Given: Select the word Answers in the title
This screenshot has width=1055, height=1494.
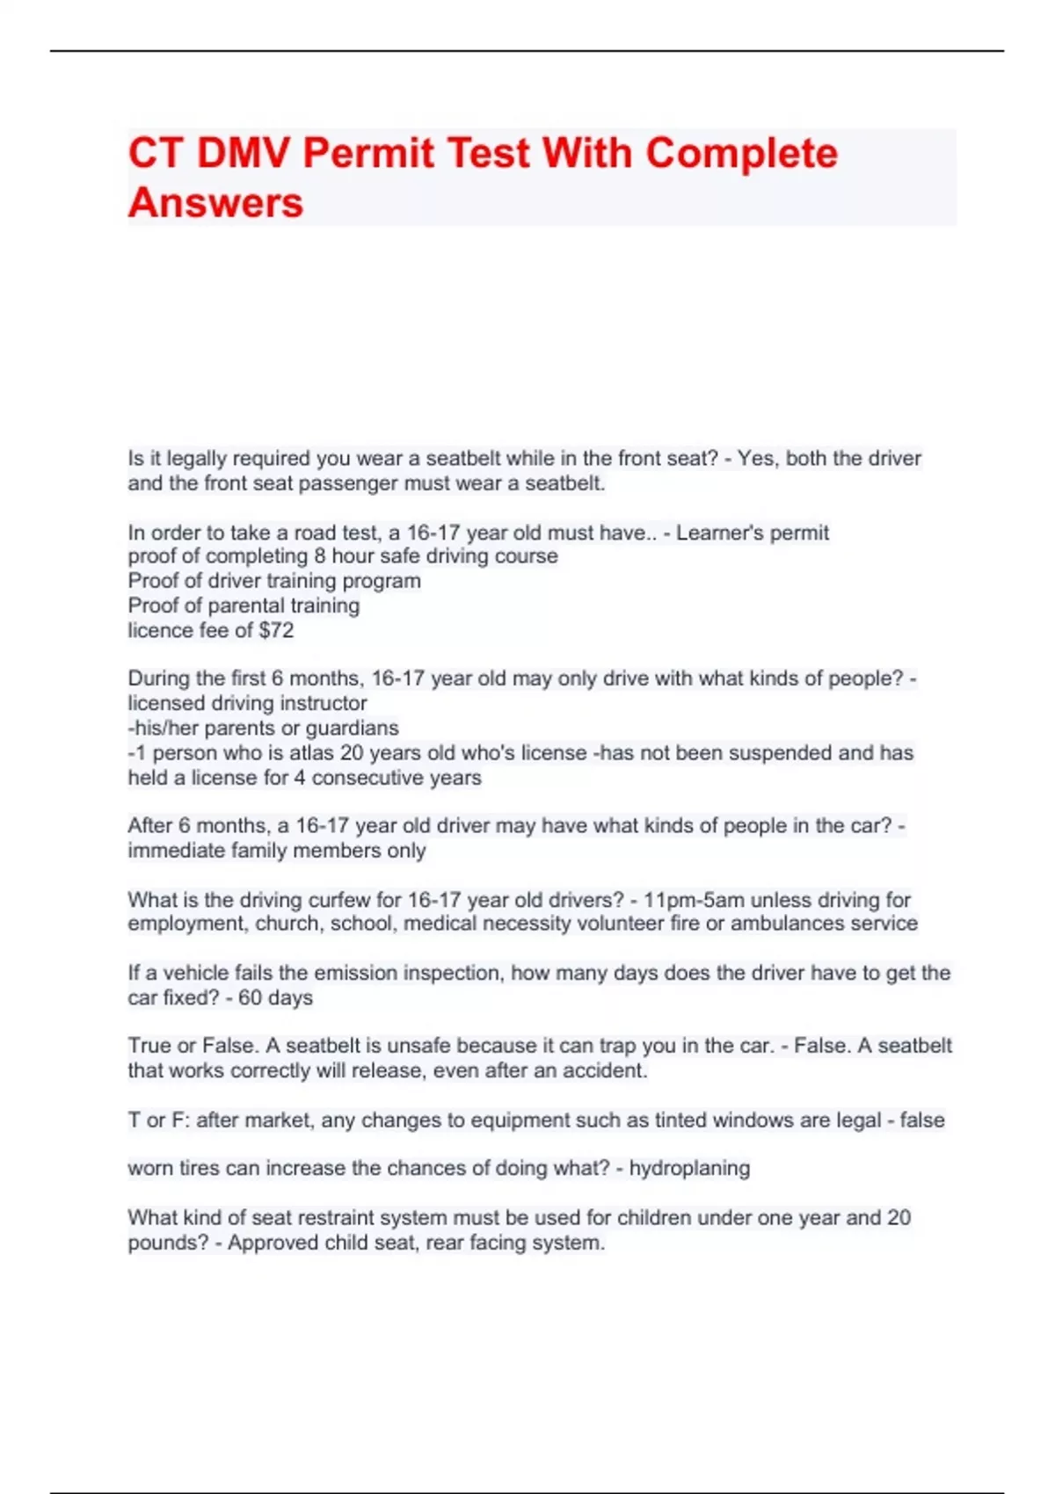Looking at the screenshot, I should (x=215, y=203).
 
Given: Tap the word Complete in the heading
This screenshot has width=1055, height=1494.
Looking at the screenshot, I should (x=741, y=154).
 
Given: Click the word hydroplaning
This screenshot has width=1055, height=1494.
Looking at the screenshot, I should (x=689, y=1168).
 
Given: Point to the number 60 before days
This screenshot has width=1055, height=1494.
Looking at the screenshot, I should (x=250, y=997).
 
